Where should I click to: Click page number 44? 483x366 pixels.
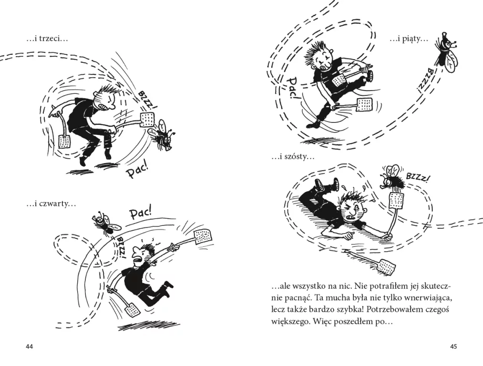tap(29, 346)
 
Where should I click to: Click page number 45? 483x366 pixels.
tap(453, 346)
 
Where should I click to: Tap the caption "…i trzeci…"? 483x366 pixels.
tap(47, 39)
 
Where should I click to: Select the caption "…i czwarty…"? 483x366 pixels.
tap(51, 204)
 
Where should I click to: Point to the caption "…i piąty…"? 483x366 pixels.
tap(409, 40)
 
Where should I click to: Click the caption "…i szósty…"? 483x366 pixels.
tap(293, 157)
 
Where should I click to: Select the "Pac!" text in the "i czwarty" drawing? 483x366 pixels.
tap(140, 213)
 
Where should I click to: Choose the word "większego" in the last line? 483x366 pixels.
tap(290, 322)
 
